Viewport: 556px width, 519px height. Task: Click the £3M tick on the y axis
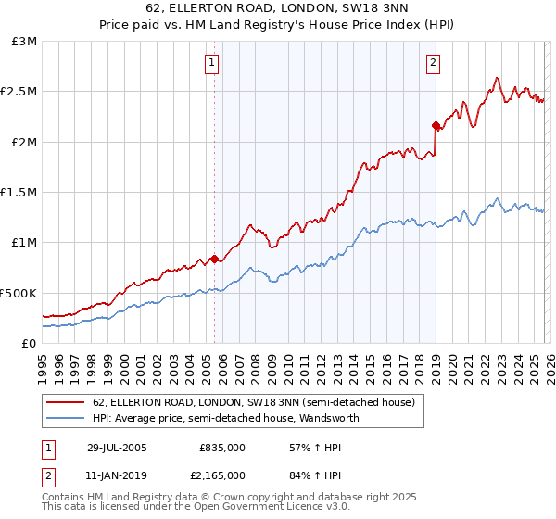tap(24, 42)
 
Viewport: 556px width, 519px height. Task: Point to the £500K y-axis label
tap(19, 293)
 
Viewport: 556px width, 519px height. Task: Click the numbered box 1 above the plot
tap(212, 63)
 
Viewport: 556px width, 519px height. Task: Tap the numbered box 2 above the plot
tap(433, 63)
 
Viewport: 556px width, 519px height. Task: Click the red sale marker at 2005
tap(215, 259)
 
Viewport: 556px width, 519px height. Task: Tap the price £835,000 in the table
tap(222, 447)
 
